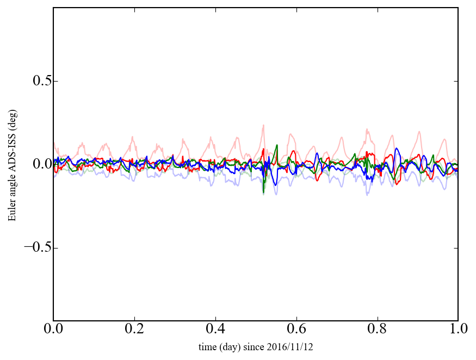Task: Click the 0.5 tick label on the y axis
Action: click(x=36, y=81)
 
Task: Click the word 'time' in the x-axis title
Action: click(x=207, y=347)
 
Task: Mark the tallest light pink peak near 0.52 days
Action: click(x=263, y=125)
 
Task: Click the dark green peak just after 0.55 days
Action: click(x=277, y=145)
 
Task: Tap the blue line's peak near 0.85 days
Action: click(x=397, y=148)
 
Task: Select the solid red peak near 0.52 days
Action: click(x=264, y=149)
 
